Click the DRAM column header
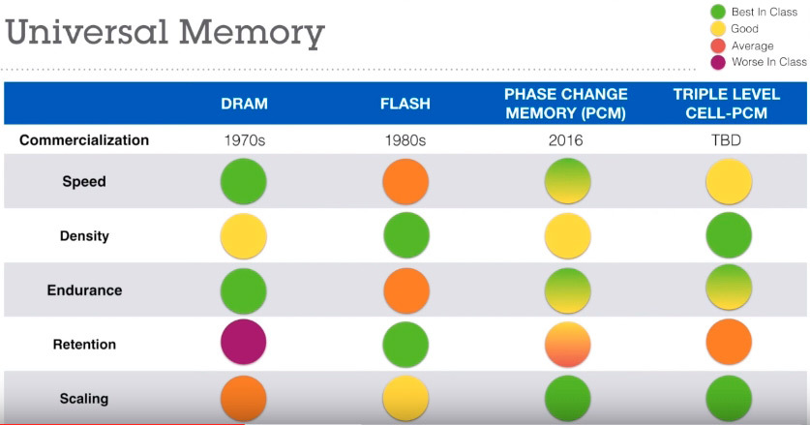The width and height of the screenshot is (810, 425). (244, 104)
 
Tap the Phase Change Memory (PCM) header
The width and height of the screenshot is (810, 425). (566, 103)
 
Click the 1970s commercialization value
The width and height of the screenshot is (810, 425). (244, 140)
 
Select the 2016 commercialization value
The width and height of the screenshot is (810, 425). (566, 140)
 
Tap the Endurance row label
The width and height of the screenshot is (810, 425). (84, 289)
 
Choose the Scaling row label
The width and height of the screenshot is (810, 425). (84, 398)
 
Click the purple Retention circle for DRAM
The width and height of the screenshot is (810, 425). (244, 344)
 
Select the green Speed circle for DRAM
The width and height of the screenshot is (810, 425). (244, 182)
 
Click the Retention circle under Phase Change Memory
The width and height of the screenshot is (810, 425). (566, 344)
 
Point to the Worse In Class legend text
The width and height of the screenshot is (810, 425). (769, 62)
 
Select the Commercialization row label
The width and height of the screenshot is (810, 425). (84, 140)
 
